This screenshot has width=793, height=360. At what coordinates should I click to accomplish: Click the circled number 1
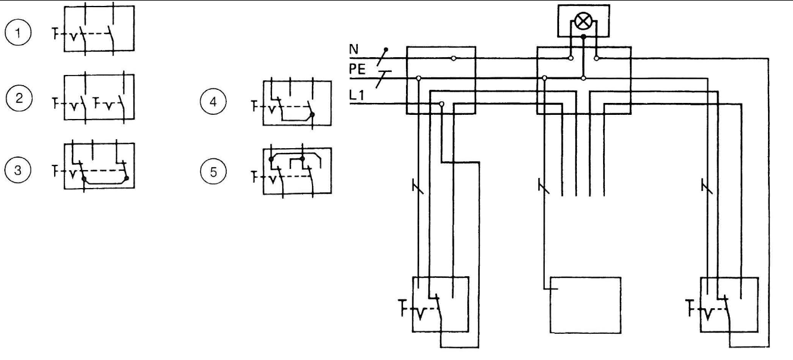pyautogui.click(x=18, y=33)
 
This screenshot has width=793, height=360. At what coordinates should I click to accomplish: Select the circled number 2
pyautogui.click(x=19, y=98)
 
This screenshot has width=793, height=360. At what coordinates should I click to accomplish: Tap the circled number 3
pyautogui.click(x=18, y=170)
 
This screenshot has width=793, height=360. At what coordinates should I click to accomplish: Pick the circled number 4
pyautogui.click(x=213, y=102)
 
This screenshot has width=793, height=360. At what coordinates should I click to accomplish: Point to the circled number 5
pyautogui.click(x=213, y=172)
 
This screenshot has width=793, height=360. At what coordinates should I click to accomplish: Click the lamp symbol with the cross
pyautogui.click(x=583, y=21)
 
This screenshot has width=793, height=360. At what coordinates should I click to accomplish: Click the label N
pyautogui.click(x=354, y=49)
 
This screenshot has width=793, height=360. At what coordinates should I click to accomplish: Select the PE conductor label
pyautogui.click(x=357, y=69)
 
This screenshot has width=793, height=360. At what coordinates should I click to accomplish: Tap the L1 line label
pyautogui.click(x=357, y=95)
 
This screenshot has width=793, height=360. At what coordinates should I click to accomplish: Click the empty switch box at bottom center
pyautogui.click(x=585, y=305)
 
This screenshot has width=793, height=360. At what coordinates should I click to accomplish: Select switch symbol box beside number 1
pyautogui.click(x=99, y=29)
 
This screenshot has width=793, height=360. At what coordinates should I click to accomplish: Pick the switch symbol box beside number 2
pyautogui.click(x=99, y=97)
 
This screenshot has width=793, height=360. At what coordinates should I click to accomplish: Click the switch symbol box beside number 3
pyautogui.click(x=99, y=165)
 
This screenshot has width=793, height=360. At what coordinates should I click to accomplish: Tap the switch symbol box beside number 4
pyautogui.click(x=298, y=103)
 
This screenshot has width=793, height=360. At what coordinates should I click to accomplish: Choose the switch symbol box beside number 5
pyautogui.click(x=298, y=171)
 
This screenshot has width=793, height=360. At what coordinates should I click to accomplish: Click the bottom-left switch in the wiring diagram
pyautogui.click(x=441, y=305)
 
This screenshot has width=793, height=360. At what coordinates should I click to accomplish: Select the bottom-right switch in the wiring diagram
pyautogui.click(x=729, y=305)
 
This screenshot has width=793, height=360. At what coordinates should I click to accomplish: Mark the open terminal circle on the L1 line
pyautogui.click(x=442, y=104)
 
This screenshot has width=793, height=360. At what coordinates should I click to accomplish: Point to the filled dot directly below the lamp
pyautogui.click(x=583, y=37)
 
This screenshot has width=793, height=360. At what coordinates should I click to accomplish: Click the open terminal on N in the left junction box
pyautogui.click(x=454, y=58)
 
